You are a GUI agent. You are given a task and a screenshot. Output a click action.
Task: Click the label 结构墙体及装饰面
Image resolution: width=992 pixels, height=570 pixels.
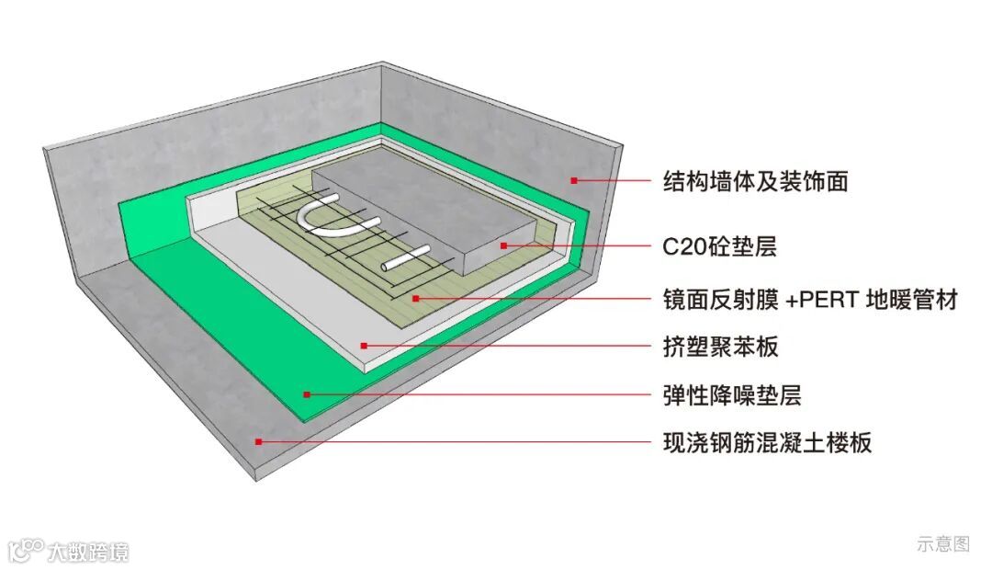click(x=755, y=181)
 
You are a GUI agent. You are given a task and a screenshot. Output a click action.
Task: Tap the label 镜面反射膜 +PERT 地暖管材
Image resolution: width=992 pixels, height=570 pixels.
click(x=809, y=299)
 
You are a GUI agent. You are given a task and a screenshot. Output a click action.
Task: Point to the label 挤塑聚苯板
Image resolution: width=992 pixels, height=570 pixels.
click(x=721, y=347)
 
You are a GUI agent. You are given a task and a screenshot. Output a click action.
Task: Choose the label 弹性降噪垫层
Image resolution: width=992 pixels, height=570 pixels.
click(x=732, y=395)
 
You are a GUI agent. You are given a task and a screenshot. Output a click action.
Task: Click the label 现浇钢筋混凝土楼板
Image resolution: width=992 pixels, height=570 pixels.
click(x=767, y=443)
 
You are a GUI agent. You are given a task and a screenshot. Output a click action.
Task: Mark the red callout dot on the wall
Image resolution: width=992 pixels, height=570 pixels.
click(x=574, y=180)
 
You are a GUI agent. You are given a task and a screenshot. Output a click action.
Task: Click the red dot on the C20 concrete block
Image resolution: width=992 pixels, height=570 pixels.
click(x=503, y=245)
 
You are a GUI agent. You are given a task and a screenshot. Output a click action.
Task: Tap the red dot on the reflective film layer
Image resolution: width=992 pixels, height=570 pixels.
click(x=416, y=298)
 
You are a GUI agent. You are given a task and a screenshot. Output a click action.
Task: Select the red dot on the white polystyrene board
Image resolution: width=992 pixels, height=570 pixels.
click(x=364, y=346)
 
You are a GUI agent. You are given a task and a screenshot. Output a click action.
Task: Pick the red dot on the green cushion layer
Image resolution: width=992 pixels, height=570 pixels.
click(x=308, y=394)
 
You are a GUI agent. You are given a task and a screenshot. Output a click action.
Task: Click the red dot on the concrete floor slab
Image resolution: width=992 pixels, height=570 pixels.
click(x=259, y=442)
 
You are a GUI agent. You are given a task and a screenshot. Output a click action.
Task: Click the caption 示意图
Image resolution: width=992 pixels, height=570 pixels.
click(x=942, y=543)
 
